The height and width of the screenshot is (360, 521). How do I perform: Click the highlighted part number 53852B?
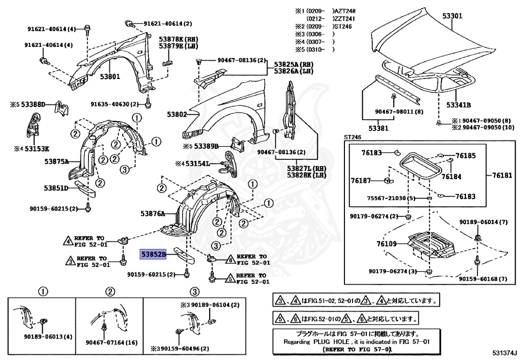[153, 253]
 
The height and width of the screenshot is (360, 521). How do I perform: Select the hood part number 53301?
[452, 16]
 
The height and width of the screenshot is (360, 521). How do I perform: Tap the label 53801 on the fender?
[109, 77]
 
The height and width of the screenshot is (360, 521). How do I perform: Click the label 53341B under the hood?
[458, 105]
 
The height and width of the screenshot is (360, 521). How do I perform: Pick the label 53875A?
[56, 161]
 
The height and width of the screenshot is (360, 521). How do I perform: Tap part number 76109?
[387, 244]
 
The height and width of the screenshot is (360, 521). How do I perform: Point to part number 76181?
[503, 176]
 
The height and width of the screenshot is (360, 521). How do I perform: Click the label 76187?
[361, 180]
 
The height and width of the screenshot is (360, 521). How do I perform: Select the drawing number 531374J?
[504, 353]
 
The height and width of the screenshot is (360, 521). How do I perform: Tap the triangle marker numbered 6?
[229, 260]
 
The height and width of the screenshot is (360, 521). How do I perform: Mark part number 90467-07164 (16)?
[105, 343]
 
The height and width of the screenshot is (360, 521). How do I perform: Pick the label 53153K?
[37, 149]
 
